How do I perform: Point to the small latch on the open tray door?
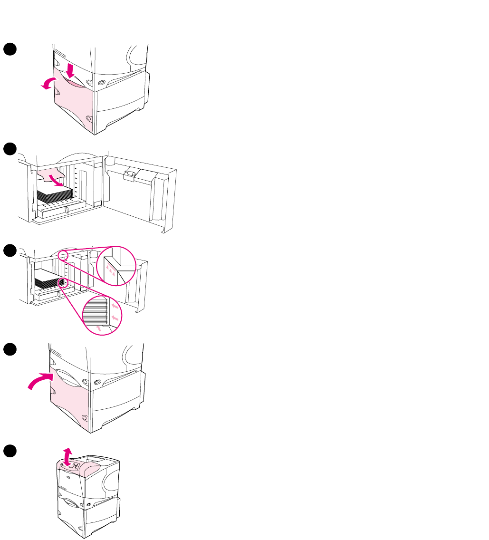tap(129, 175)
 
